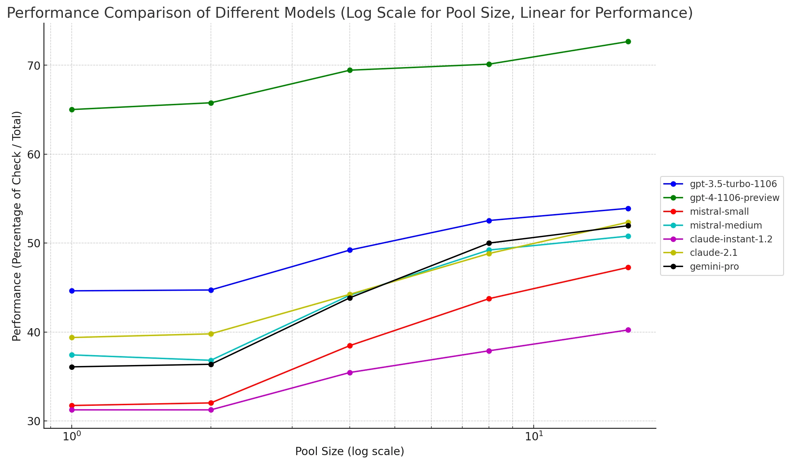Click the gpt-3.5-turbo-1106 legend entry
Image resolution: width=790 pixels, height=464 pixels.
(733, 184)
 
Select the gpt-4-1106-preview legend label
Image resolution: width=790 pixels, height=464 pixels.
(734, 198)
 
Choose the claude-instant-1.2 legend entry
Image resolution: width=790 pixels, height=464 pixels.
(731, 239)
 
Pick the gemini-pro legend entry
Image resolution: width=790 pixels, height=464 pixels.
(714, 266)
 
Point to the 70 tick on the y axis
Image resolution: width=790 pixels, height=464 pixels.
(33, 65)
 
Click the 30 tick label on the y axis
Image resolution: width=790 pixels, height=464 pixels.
(33, 421)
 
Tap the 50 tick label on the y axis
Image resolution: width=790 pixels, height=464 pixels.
(33, 243)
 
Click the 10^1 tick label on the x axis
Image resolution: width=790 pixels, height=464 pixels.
(534, 436)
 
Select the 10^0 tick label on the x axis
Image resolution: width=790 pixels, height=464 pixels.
(71, 436)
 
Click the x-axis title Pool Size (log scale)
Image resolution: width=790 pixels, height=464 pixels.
(349, 451)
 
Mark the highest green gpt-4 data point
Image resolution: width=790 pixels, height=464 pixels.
(628, 41)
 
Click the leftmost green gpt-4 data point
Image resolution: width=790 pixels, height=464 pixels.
(72, 110)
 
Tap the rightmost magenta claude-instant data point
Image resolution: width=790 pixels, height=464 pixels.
(628, 330)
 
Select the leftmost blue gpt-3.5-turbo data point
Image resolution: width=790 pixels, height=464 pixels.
(72, 291)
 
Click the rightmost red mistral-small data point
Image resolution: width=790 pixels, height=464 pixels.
(628, 268)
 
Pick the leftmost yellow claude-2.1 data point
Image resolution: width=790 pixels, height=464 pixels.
(72, 337)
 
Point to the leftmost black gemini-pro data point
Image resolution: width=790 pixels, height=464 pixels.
(72, 367)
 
